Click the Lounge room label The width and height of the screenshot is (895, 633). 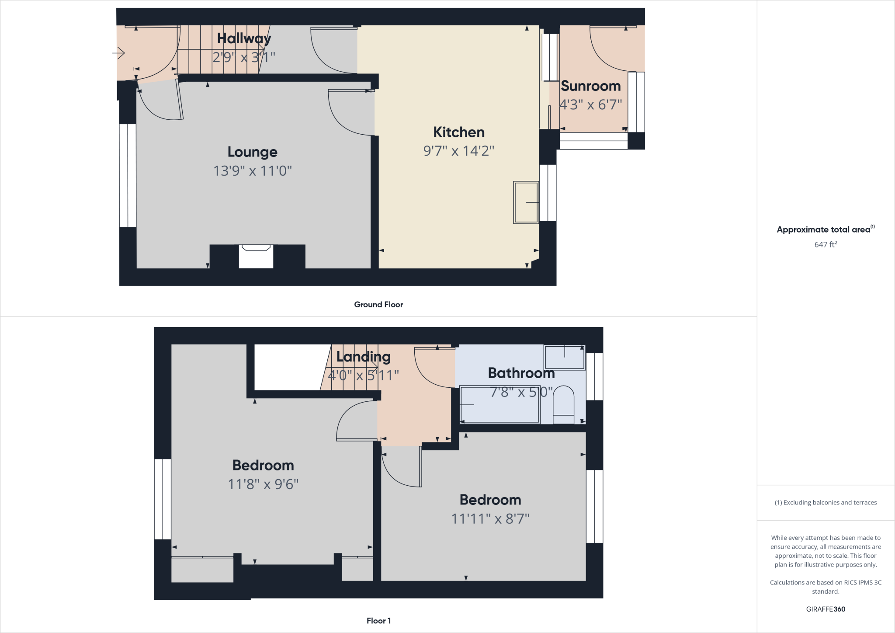pos(252,152)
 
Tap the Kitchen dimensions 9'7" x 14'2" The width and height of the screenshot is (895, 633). pos(458,151)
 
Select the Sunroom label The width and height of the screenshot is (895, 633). pos(590,86)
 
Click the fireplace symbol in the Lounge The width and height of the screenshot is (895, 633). pos(256,256)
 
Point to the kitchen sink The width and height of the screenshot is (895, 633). pos(526,203)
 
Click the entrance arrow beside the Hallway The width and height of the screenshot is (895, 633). pos(119,53)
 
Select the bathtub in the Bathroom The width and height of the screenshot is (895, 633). pos(500,404)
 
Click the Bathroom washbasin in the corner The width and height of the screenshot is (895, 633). pos(564,357)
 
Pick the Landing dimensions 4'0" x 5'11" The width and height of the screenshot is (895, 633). pos(363,375)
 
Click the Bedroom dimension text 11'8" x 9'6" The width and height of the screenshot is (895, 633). pos(263,484)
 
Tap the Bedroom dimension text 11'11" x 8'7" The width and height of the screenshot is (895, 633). pos(490,518)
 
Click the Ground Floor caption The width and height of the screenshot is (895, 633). pos(378,305)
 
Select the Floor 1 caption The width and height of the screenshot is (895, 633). pos(378,621)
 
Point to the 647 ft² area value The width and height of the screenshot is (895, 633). pos(826,244)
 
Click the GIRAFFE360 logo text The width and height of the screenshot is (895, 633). pos(826,609)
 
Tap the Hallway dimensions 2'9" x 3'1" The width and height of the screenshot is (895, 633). pos(244,57)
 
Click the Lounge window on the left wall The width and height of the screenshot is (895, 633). pos(128,175)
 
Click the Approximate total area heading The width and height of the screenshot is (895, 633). pos(824,230)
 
